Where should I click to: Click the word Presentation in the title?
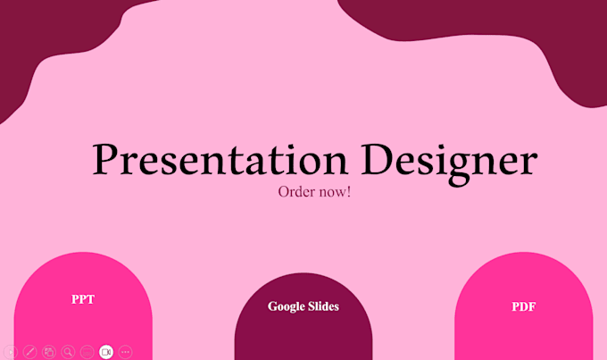220,159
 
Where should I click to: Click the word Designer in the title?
449,163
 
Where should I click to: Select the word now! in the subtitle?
335,191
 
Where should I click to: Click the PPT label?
83,299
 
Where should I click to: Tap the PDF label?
524,306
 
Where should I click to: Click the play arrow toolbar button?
11,352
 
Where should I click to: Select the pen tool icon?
29,352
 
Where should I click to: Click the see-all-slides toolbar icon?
49,352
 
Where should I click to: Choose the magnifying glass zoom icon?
68,352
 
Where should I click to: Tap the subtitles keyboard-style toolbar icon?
87,352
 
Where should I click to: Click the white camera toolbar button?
106,352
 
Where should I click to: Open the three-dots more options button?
125,352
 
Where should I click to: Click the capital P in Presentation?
105,158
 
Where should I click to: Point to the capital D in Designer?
377,158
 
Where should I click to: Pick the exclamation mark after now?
349,191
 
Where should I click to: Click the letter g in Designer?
459,168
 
